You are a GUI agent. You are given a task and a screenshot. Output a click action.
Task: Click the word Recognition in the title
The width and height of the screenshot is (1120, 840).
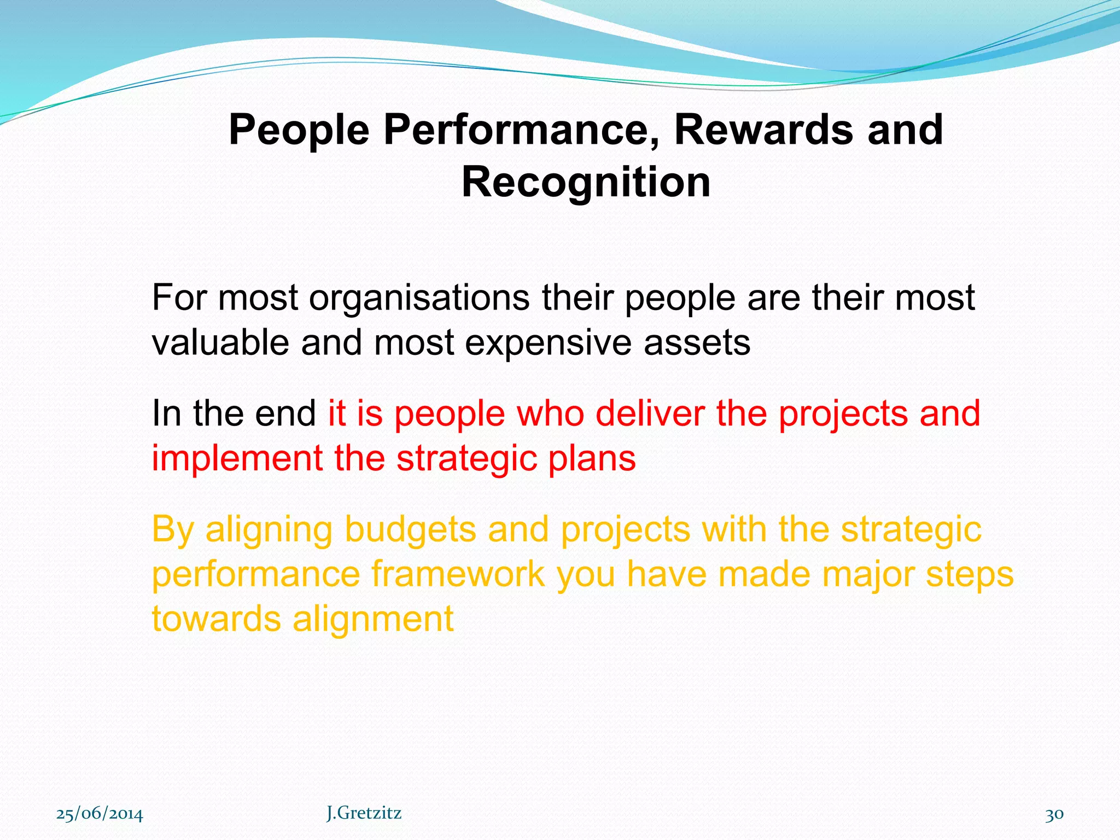pyautogui.click(x=586, y=183)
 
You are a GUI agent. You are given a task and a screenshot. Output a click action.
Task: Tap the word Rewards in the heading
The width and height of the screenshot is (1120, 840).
pyautogui.click(x=763, y=130)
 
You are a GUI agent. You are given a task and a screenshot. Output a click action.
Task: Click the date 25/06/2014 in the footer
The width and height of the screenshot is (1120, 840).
pyautogui.click(x=100, y=814)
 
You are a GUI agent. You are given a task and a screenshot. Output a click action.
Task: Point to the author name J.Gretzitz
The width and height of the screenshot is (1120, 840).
pyautogui.click(x=364, y=813)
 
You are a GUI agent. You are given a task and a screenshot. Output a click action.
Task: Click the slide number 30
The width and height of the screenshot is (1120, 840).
pyautogui.click(x=1054, y=814)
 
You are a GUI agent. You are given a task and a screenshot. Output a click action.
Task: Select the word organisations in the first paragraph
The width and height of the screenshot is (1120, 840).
pyautogui.click(x=419, y=299)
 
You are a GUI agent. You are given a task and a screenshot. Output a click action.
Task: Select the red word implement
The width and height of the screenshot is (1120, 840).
pyautogui.click(x=237, y=458)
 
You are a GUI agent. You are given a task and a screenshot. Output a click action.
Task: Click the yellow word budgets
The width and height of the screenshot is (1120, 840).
pyautogui.click(x=410, y=530)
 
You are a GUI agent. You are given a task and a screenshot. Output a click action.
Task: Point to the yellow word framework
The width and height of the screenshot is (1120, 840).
pyautogui.click(x=458, y=574)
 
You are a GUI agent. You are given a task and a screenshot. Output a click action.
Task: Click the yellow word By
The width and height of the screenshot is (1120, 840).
pyautogui.click(x=173, y=530)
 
